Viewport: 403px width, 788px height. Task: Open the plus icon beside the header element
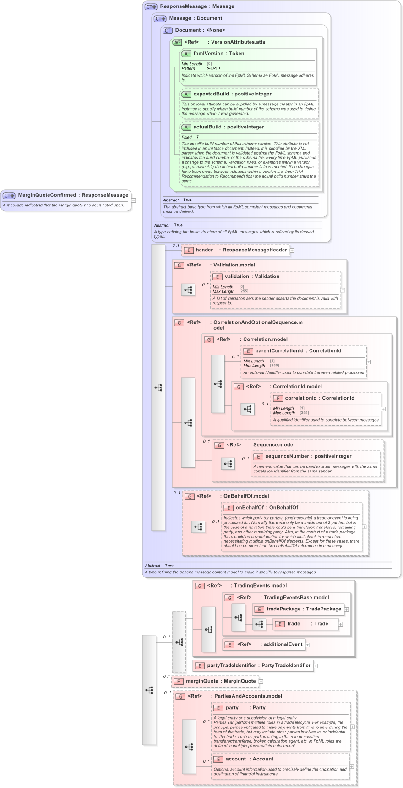click(292, 250)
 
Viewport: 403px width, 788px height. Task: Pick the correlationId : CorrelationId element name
click(319, 398)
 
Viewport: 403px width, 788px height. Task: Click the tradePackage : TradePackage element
click(304, 609)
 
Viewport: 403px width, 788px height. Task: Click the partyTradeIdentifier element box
click(258, 666)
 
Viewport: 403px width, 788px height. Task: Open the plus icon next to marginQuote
click(261, 682)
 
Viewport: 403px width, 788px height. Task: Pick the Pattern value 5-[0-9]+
click(213, 68)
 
